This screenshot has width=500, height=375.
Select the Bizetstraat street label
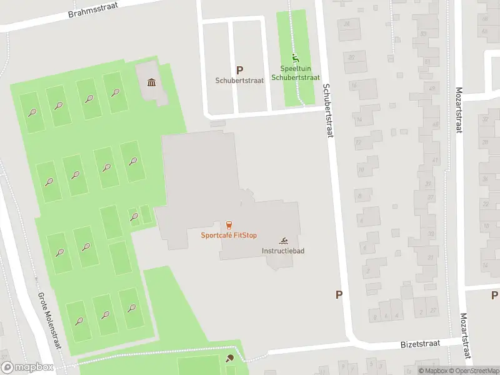point(419,344)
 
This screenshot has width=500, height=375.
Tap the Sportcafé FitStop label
point(229,236)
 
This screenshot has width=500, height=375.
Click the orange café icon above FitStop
point(229,225)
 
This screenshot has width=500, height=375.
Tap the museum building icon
point(151,82)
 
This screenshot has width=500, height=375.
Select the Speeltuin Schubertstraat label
point(296,74)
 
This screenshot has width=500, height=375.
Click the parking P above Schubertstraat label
point(239,71)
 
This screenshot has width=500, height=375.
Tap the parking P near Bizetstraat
point(339,295)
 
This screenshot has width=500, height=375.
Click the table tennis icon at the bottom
point(231,359)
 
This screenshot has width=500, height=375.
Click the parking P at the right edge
point(494,295)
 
